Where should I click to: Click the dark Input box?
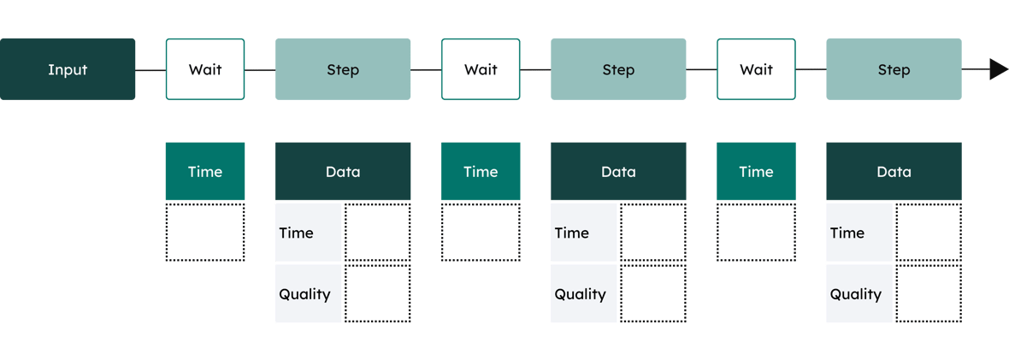pos(68,69)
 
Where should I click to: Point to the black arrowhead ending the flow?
pos(998,69)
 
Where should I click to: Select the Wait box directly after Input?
pos(205,69)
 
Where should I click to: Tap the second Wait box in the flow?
pos(481,69)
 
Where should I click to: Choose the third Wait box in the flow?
pos(756,69)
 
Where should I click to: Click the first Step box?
pos(343,69)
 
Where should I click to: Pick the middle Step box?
pos(618,69)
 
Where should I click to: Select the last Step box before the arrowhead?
pos(894,69)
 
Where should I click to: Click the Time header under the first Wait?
pos(205,172)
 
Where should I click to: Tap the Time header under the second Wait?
pos(481,172)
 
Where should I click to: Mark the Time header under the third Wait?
pos(756,172)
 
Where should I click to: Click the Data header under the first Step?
pos(343,172)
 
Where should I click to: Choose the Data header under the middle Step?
pos(618,172)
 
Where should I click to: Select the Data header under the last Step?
pos(894,172)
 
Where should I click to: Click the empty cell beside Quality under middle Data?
pos(652,294)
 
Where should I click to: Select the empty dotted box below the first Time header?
pos(205,233)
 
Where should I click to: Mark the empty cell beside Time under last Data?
pos(928,233)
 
